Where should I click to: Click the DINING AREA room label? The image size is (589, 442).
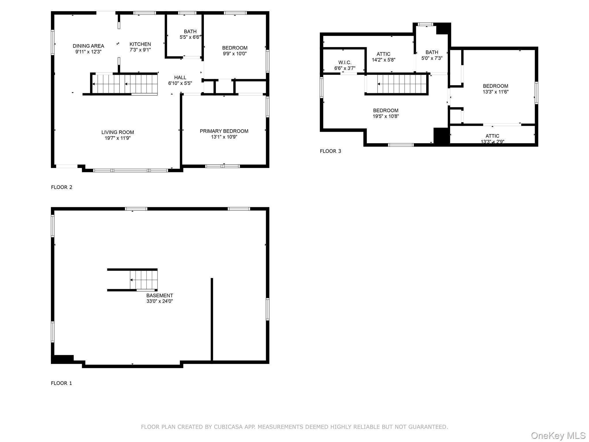[88, 46]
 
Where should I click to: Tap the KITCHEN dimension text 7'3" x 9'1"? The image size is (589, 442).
[140, 50]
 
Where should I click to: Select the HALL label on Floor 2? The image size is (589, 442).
[180, 77]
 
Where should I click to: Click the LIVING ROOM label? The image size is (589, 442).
[117, 132]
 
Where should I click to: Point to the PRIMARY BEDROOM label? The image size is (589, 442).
[224, 131]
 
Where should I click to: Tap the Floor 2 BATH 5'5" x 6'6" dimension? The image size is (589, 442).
[190, 37]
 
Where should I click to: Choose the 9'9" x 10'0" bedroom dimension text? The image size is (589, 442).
[235, 54]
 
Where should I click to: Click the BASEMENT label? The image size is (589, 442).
[159, 296]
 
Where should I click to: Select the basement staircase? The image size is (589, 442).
[143, 280]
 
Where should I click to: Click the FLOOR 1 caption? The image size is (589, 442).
[61, 383]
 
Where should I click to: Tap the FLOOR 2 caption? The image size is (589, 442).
[62, 187]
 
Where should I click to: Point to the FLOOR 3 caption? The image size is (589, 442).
[330, 151]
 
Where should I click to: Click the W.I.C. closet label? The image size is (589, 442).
[345, 62]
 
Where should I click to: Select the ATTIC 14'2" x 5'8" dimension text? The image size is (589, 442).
[383, 60]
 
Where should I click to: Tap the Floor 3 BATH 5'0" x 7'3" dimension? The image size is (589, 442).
[432, 58]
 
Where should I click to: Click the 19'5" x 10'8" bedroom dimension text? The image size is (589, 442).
[385, 116]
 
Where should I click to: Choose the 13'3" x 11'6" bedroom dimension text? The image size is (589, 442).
[495, 92]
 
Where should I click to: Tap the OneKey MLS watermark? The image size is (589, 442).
[558, 435]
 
